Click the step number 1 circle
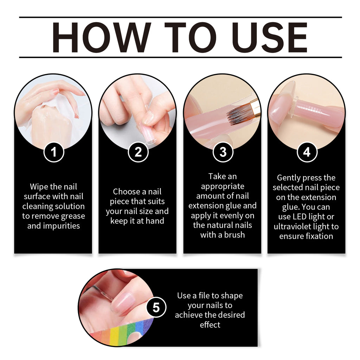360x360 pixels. pos(53,152)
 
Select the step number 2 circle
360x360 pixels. pos(138,152)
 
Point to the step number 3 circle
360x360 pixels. pos(223,152)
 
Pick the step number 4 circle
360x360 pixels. pos(307,152)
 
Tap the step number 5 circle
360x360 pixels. pos(156,308)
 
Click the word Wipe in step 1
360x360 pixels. pos(39,187)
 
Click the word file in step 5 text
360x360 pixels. pos(214,295)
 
